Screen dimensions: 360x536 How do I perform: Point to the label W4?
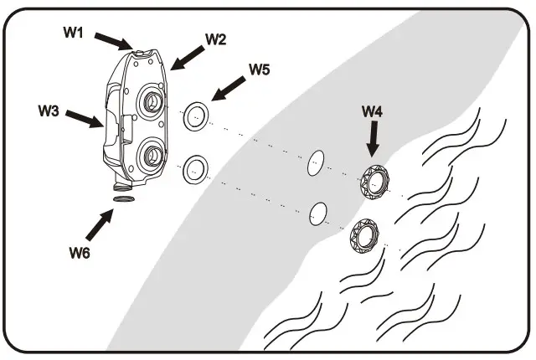(x=374, y=110)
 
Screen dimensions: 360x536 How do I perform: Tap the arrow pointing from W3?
(x=85, y=120)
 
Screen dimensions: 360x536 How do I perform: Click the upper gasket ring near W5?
(x=196, y=116)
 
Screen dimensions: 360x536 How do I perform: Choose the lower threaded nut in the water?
(x=364, y=235)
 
